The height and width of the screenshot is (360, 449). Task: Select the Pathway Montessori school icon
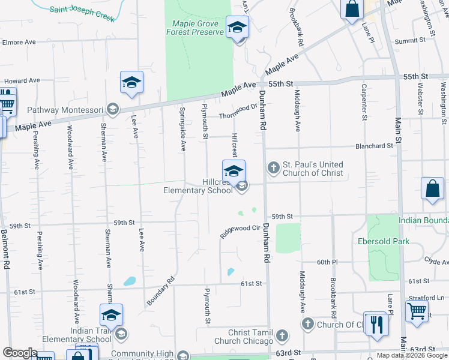112,109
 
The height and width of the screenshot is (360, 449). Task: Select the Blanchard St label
373,146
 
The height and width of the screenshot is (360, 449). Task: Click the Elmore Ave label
20,43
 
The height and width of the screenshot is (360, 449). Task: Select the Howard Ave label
22,80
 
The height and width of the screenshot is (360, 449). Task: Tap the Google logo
20,352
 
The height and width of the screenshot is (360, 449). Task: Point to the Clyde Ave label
436,262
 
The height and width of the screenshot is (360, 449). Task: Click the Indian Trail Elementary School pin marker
112,315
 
